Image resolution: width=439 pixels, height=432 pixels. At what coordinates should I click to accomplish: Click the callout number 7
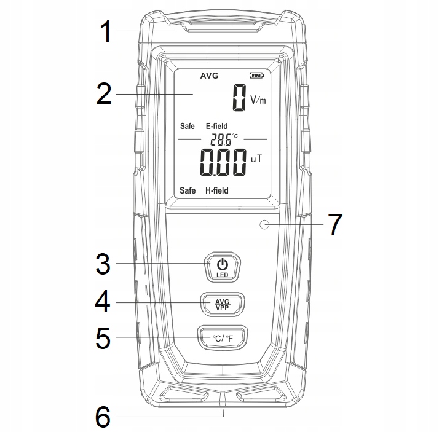[x=334, y=225]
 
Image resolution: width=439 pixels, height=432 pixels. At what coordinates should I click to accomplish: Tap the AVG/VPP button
[x=221, y=304]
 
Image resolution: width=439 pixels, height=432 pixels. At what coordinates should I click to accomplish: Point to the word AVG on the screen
[x=209, y=76]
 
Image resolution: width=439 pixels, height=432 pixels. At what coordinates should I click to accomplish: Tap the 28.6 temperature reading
[x=219, y=139]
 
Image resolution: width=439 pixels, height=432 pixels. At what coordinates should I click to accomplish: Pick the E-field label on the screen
[x=216, y=127]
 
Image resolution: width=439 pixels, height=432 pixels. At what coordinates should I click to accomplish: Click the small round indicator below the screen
[x=265, y=225]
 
